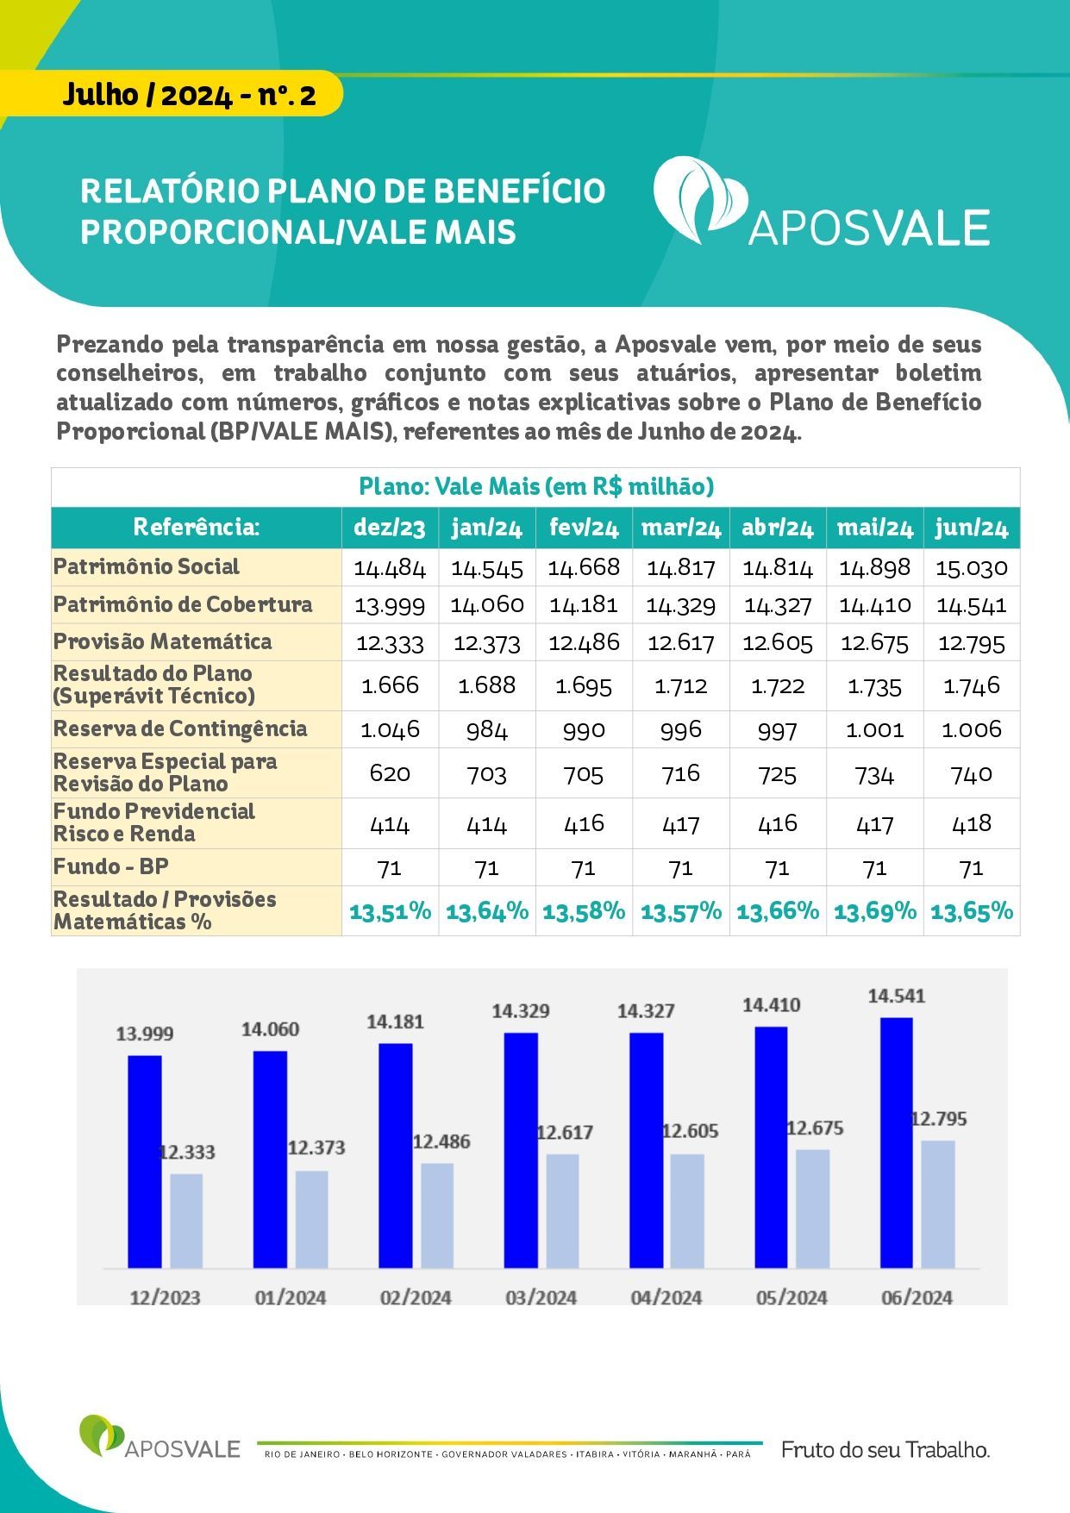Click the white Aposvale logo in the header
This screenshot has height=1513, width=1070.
click(x=821, y=203)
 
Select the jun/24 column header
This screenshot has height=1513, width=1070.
click(x=972, y=528)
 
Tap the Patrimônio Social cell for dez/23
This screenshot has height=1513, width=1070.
click(x=390, y=567)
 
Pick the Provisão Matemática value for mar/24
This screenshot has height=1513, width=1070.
click(x=680, y=642)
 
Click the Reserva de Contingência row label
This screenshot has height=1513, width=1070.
click(x=180, y=728)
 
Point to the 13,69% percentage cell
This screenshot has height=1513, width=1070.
click(x=875, y=911)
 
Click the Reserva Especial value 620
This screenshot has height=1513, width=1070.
click(x=390, y=773)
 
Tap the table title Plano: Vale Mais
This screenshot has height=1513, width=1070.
click(x=536, y=487)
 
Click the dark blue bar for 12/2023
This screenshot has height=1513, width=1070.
click(x=145, y=1161)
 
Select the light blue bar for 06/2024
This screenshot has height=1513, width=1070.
click(x=938, y=1204)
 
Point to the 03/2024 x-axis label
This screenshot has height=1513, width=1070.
click(x=541, y=1297)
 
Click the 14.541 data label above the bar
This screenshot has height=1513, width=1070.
click(x=897, y=996)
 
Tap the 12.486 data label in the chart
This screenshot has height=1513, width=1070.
click(x=441, y=1141)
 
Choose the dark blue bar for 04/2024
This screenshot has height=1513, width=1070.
click(x=647, y=1150)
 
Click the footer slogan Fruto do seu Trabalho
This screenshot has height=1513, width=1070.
click(x=885, y=1450)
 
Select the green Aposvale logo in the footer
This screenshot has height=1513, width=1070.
click(x=160, y=1437)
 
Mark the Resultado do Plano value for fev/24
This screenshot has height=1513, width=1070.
click(x=584, y=685)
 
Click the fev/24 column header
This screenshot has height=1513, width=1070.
click(x=584, y=528)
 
